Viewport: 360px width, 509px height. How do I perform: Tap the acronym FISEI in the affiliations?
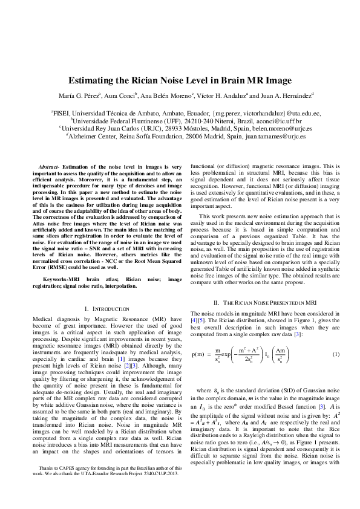pos(62,113)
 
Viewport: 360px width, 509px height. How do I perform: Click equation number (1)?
pos(336,354)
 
